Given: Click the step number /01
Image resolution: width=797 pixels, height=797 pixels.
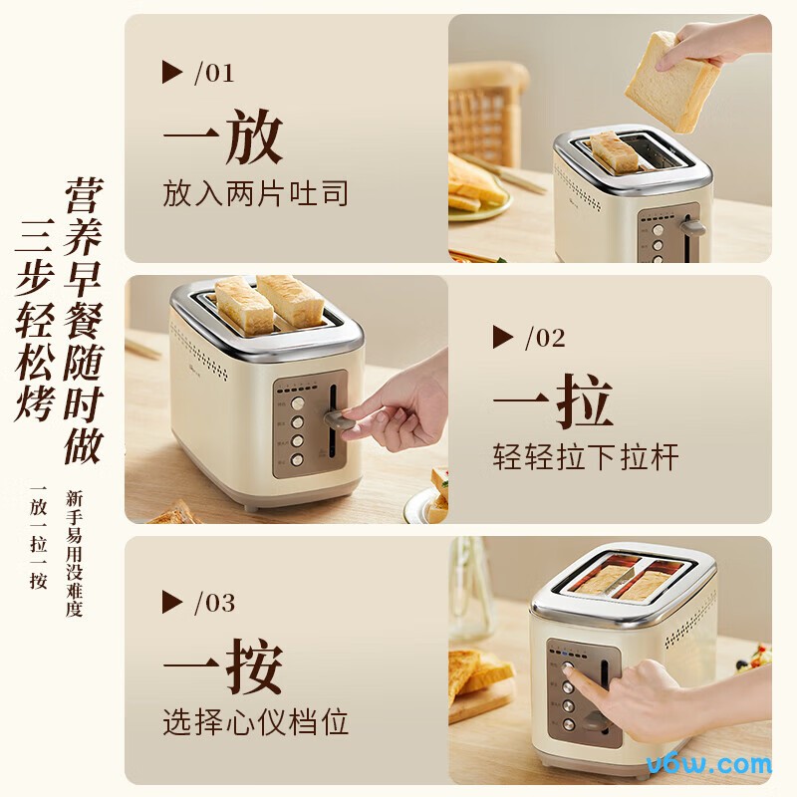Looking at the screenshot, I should (214, 73).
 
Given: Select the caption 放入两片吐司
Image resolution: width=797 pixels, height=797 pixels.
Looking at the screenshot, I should (256, 192).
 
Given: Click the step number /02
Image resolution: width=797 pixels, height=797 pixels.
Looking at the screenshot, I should (544, 338).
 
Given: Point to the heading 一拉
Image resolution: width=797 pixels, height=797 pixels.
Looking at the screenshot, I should (552, 400).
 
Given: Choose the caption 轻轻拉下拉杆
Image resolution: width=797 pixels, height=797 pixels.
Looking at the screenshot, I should (586, 457).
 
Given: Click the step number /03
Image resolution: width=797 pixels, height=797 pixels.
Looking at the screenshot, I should (214, 603).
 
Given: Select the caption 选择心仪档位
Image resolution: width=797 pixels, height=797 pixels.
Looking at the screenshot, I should (256, 722).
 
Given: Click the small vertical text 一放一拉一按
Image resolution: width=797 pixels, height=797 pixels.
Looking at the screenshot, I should (39, 537).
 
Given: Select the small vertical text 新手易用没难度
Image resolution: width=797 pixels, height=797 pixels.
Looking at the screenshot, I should (74, 553).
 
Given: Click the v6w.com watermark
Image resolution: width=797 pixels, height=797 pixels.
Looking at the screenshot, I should (708, 765).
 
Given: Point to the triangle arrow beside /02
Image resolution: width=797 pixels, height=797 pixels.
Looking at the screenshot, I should (503, 337).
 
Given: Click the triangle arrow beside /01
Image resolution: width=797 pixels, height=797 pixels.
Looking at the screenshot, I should (172, 72).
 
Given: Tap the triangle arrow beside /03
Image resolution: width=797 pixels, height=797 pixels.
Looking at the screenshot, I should (172, 602).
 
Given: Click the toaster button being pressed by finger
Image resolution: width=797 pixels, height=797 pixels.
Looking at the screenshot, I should (569, 670).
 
